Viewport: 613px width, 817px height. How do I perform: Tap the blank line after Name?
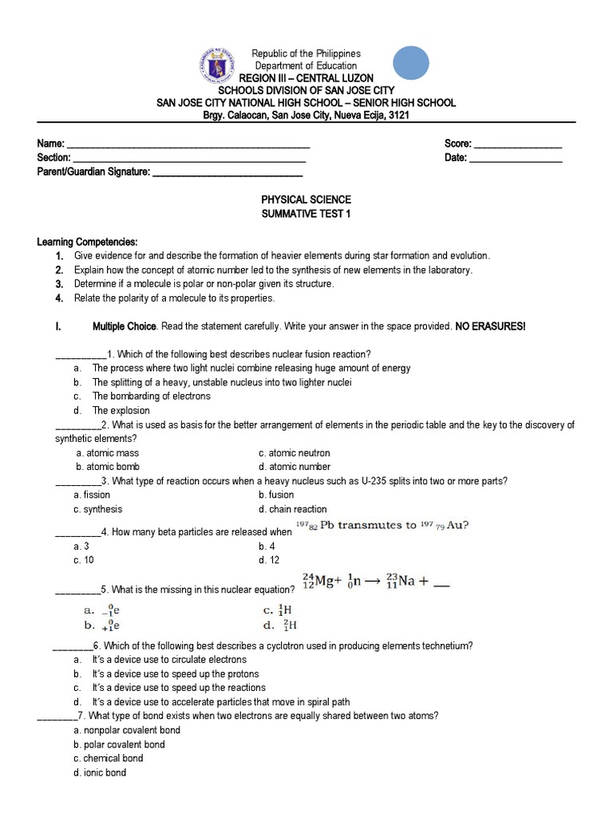(x=188, y=145)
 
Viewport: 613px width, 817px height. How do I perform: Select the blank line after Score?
(x=518, y=145)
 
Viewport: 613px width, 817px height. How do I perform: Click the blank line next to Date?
(x=516, y=159)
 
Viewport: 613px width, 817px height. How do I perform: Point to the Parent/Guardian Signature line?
(x=227, y=172)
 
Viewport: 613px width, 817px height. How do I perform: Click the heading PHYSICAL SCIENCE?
(x=306, y=199)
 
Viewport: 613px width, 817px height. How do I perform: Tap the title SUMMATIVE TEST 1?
(x=306, y=214)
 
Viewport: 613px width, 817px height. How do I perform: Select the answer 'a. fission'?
(x=92, y=495)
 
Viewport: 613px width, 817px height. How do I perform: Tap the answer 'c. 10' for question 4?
(x=84, y=560)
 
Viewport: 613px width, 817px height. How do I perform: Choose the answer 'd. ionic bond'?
(x=99, y=772)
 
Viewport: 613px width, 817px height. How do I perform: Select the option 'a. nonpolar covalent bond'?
(x=126, y=730)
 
